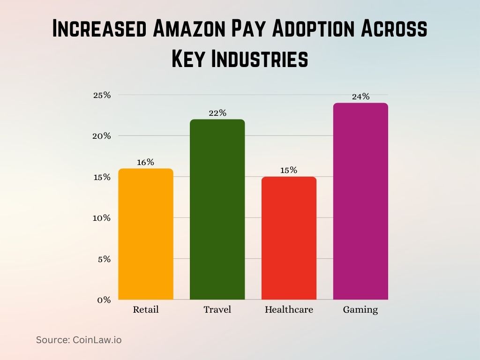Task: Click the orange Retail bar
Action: (146, 234)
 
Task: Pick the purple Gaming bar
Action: (360, 201)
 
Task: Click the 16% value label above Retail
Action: (146, 162)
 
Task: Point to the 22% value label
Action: (217, 113)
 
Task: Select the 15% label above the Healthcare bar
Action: (289, 170)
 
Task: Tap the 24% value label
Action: (360, 97)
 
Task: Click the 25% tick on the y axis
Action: (102, 95)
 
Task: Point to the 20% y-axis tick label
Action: (102, 136)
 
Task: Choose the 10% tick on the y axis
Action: (102, 218)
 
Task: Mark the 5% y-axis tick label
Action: (104, 259)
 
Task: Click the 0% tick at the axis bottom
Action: (104, 300)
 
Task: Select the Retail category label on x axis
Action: (146, 310)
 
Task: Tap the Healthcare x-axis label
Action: (289, 310)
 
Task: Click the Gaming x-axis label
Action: (360, 310)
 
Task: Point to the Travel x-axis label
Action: (217, 310)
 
